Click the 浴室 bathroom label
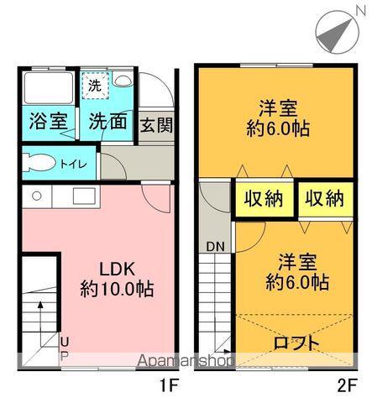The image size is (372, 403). point(48,120)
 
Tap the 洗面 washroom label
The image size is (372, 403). point(108,120)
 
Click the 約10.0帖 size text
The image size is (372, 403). point(116,290)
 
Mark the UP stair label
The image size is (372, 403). point(64,346)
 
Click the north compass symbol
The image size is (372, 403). point(340,31)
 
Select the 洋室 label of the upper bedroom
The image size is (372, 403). point(278,108)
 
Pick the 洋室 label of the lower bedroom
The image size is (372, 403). point(296,261)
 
